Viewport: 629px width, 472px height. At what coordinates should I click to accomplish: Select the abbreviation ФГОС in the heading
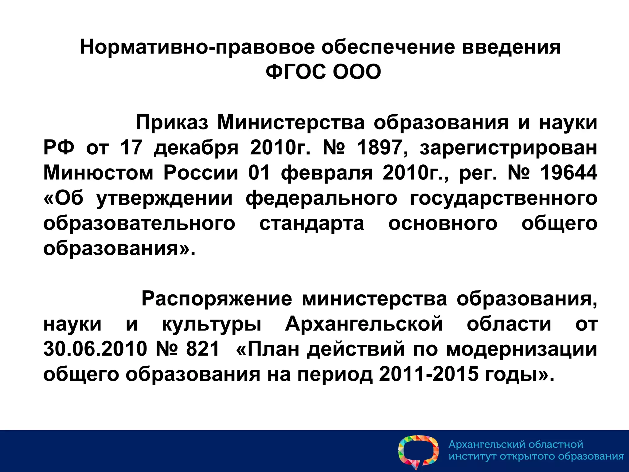point(295,72)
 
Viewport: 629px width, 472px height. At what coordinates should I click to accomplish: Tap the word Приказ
point(172,123)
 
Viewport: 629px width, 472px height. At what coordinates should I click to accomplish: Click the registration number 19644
point(568,173)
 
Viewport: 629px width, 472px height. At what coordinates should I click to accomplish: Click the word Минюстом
point(98,173)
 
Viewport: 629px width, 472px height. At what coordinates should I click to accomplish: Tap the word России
point(201,173)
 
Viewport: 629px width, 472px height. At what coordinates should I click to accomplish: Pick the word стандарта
point(312,223)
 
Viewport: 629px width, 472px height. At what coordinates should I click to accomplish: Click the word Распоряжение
point(217,299)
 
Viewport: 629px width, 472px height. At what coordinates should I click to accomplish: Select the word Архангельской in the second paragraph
point(364,324)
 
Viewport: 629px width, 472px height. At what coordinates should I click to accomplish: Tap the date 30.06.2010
point(95,349)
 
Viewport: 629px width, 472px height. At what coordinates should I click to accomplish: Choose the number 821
point(203,349)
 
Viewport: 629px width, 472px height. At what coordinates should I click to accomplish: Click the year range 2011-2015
point(429,374)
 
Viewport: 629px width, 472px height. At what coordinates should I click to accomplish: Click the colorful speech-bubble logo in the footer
point(418,451)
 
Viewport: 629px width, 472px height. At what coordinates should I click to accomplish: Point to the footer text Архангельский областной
point(516,444)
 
